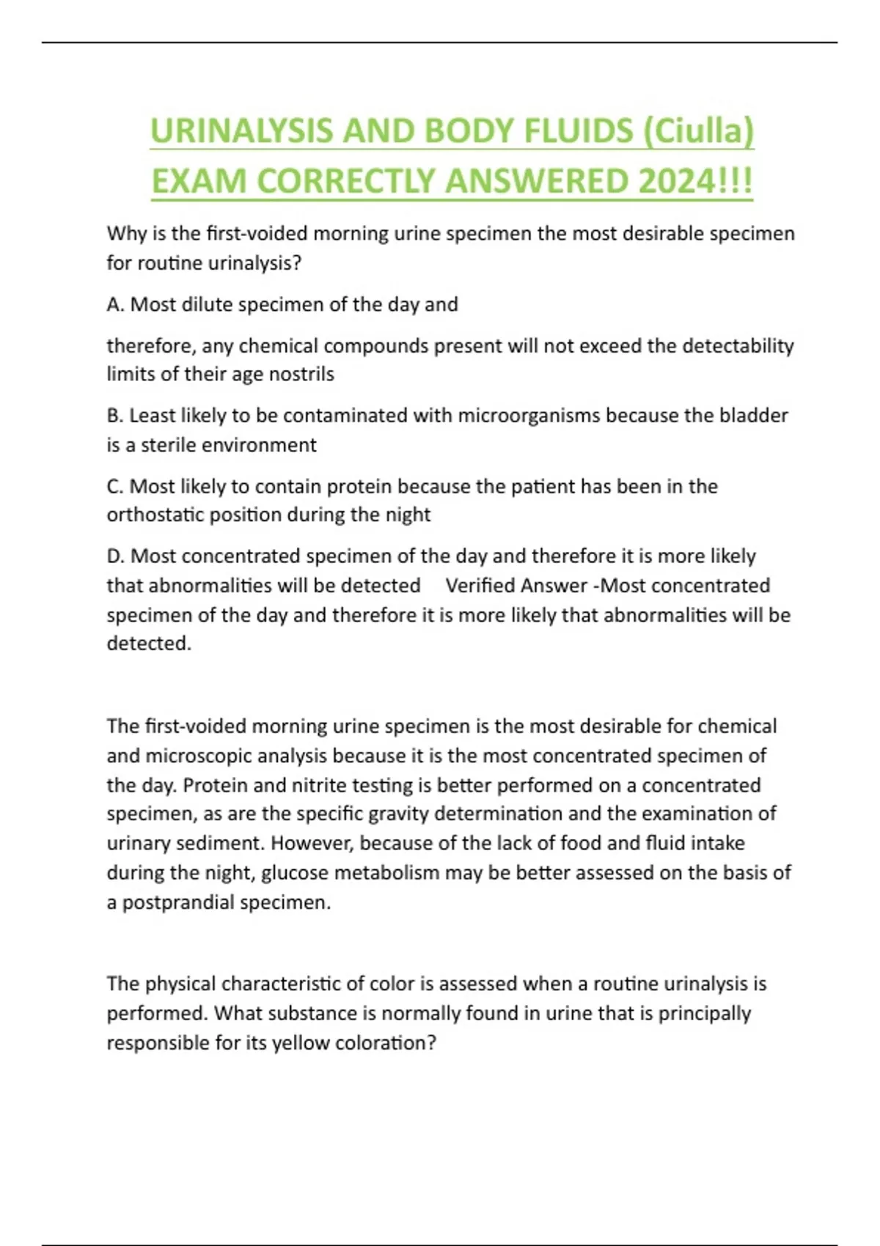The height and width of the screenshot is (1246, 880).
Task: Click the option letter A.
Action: coord(114,304)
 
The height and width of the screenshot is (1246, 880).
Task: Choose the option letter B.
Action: coord(114,416)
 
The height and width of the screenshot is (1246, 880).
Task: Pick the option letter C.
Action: coord(114,486)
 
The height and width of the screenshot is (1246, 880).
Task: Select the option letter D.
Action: coord(115,556)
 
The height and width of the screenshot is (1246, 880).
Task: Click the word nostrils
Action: coord(301,374)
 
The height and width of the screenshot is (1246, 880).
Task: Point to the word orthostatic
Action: coord(155,515)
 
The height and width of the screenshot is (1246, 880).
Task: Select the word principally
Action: coord(704,1014)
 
